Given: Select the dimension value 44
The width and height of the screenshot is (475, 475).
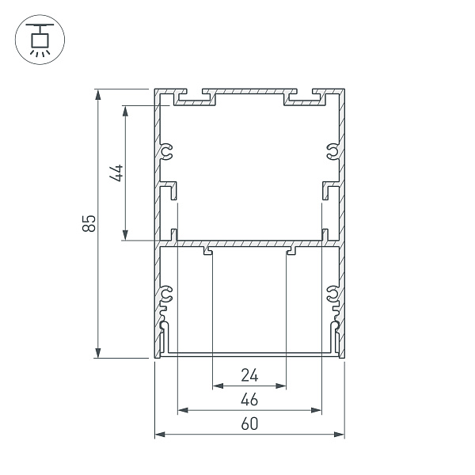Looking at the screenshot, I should [x=116, y=173].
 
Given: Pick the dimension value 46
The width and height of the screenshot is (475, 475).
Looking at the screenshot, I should [x=249, y=399].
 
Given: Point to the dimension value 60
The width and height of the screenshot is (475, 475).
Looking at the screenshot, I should [x=249, y=424].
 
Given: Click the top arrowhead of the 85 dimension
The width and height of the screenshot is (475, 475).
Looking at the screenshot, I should [x=98, y=94].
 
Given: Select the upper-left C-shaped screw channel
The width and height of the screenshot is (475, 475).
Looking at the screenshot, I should [x=167, y=151].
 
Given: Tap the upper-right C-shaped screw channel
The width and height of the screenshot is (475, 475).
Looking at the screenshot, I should [x=332, y=151].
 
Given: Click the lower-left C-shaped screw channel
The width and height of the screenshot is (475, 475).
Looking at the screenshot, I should [x=167, y=295].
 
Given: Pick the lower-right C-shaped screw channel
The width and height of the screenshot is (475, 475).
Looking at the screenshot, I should [x=332, y=295].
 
